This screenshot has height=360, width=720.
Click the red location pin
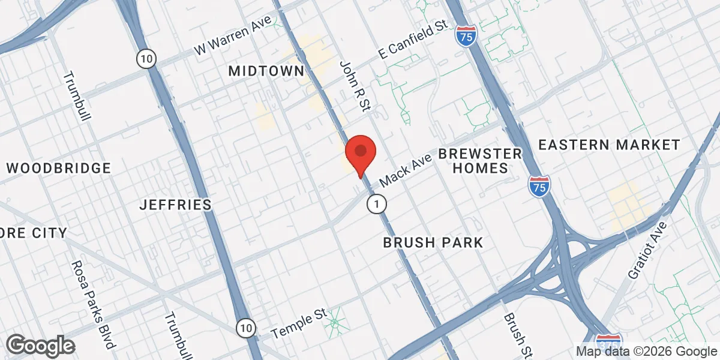point(360,154)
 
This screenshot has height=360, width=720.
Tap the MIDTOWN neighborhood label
point(266,71)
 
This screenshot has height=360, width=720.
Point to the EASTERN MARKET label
point(608,145)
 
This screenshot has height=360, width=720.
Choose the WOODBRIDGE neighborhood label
point(59,168)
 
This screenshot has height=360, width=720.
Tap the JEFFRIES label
point(175,205)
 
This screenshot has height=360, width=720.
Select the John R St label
point(356,86)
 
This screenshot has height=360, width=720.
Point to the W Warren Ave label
point(232,41)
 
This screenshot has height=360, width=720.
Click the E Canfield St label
point(413,42)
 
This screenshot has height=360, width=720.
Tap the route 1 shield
point(376,205)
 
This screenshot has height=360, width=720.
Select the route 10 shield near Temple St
point(245,328)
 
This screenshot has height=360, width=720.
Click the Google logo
point(40,345)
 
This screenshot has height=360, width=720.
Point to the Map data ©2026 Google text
point(646,352)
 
